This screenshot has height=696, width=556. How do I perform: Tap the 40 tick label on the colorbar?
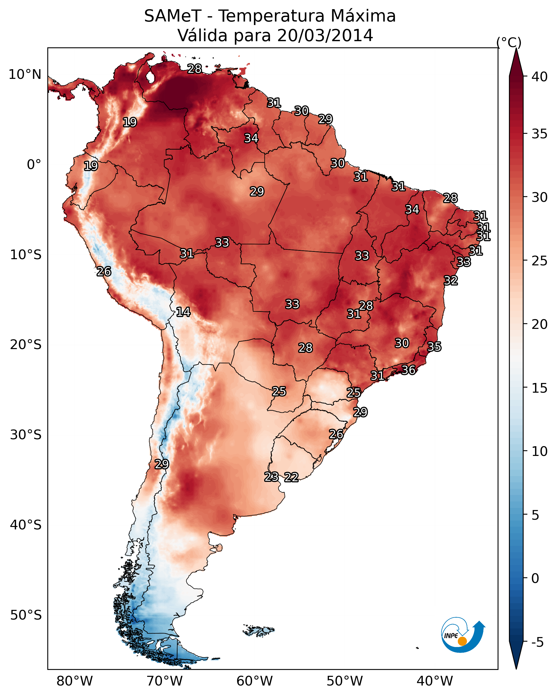(540, 77)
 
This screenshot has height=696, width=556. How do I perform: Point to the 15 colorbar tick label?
(540, 388)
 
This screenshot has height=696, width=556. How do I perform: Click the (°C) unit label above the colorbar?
(509, 43)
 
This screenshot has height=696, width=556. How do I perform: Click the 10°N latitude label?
(25, 75)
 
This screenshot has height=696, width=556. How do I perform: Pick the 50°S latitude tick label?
(26, 615)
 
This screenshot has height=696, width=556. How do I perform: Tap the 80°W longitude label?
(75, 681)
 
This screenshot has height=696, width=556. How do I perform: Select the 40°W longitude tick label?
(435, 681)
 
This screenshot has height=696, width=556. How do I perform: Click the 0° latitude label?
(34, 165)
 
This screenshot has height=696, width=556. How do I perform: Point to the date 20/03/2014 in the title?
(325, 36)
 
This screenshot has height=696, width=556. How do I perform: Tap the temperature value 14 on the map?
(183, 312)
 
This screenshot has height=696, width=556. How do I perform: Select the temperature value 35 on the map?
(434, 347)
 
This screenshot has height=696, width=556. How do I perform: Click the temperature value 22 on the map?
(291, 477)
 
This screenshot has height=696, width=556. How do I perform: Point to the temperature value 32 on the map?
(451, 280)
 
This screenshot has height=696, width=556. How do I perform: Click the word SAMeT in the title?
(173, 16)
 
